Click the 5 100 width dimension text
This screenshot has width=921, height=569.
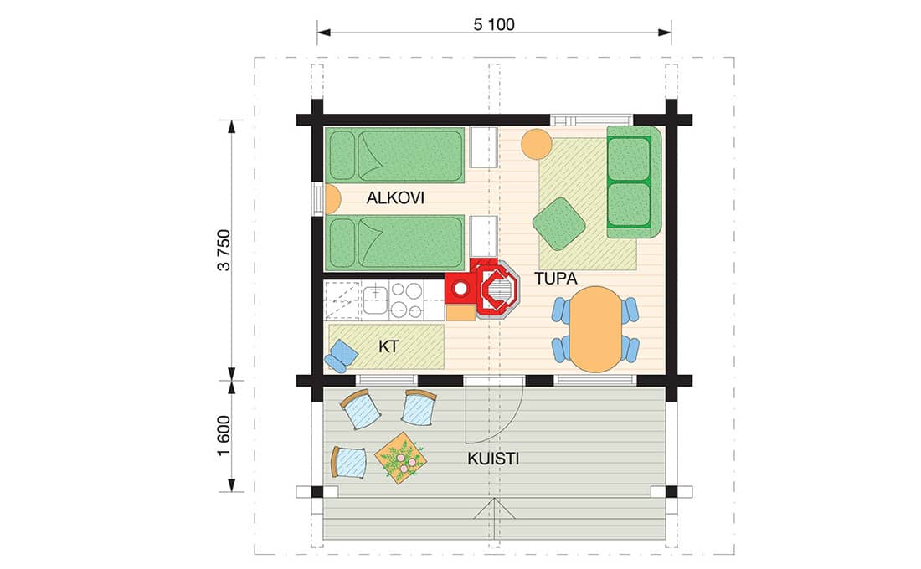[493, 24]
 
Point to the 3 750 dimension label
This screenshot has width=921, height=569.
[224, 249]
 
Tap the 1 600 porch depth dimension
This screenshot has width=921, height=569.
[224, 436]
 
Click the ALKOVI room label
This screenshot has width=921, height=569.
[395, 197]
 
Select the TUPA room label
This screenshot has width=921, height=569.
[556, 279]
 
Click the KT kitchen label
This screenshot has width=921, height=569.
[388, 346]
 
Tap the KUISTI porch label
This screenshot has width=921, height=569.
[493, 459]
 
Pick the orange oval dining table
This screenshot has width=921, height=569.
[596, 329]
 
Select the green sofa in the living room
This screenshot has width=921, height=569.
[634, 182]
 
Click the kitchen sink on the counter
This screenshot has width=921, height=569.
[374, 300]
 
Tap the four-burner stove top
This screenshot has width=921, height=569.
[406, 300]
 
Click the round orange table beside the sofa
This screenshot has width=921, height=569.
[536, 144]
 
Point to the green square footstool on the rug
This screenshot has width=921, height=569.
[559, 223]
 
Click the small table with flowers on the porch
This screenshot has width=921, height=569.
[400, 458]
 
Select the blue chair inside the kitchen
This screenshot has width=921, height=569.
[340, 356]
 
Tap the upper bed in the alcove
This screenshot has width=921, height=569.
[394, 155]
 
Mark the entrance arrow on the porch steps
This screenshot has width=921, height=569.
[495, 509]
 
